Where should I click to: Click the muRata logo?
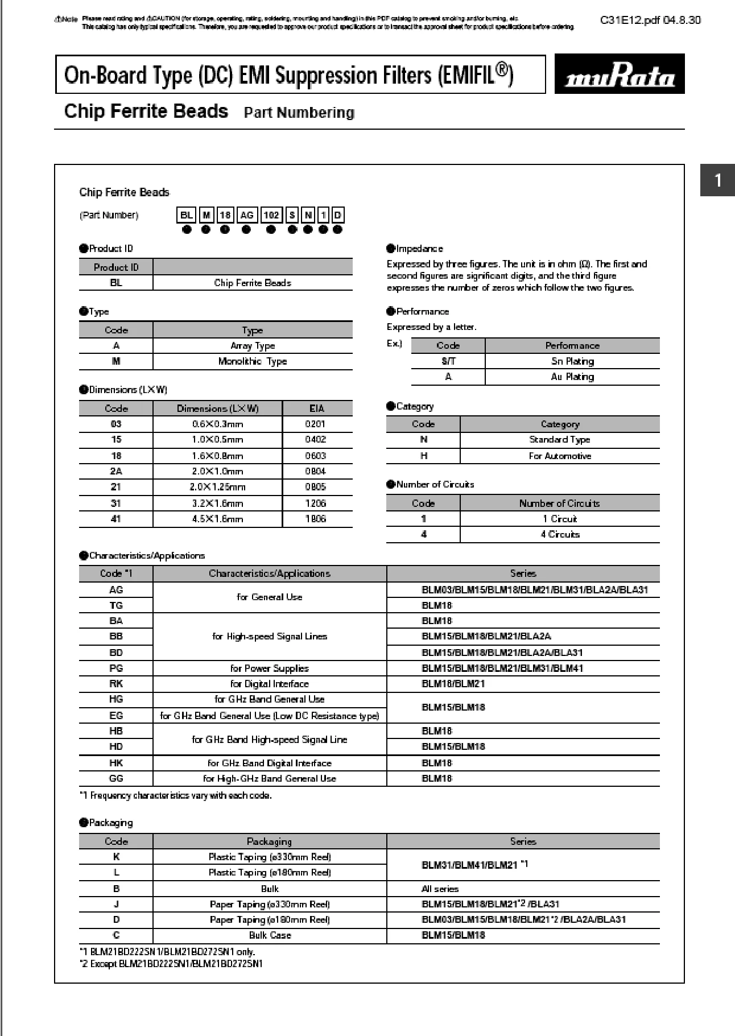(620, 74)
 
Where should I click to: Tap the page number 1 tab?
(717, 180)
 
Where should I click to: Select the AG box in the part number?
(246, 215)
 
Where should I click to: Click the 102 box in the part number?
(271, 215)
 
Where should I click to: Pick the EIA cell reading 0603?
(315, 456)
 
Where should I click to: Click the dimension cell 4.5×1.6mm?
(217, 519)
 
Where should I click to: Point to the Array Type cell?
(252, 346)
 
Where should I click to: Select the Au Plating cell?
(572, 377)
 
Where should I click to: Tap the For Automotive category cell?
(560, 456)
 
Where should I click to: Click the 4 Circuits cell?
(560, 534)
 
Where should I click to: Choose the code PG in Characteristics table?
(116, 668)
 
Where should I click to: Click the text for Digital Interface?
(269, 684)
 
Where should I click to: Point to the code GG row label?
(116, 778)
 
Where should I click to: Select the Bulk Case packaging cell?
(270, 935)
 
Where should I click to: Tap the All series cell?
(440, 889)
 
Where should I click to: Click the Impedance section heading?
(419, 249)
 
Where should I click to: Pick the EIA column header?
(317, 408)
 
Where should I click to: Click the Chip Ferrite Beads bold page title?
(146, 111)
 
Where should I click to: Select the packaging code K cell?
(116, 857)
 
